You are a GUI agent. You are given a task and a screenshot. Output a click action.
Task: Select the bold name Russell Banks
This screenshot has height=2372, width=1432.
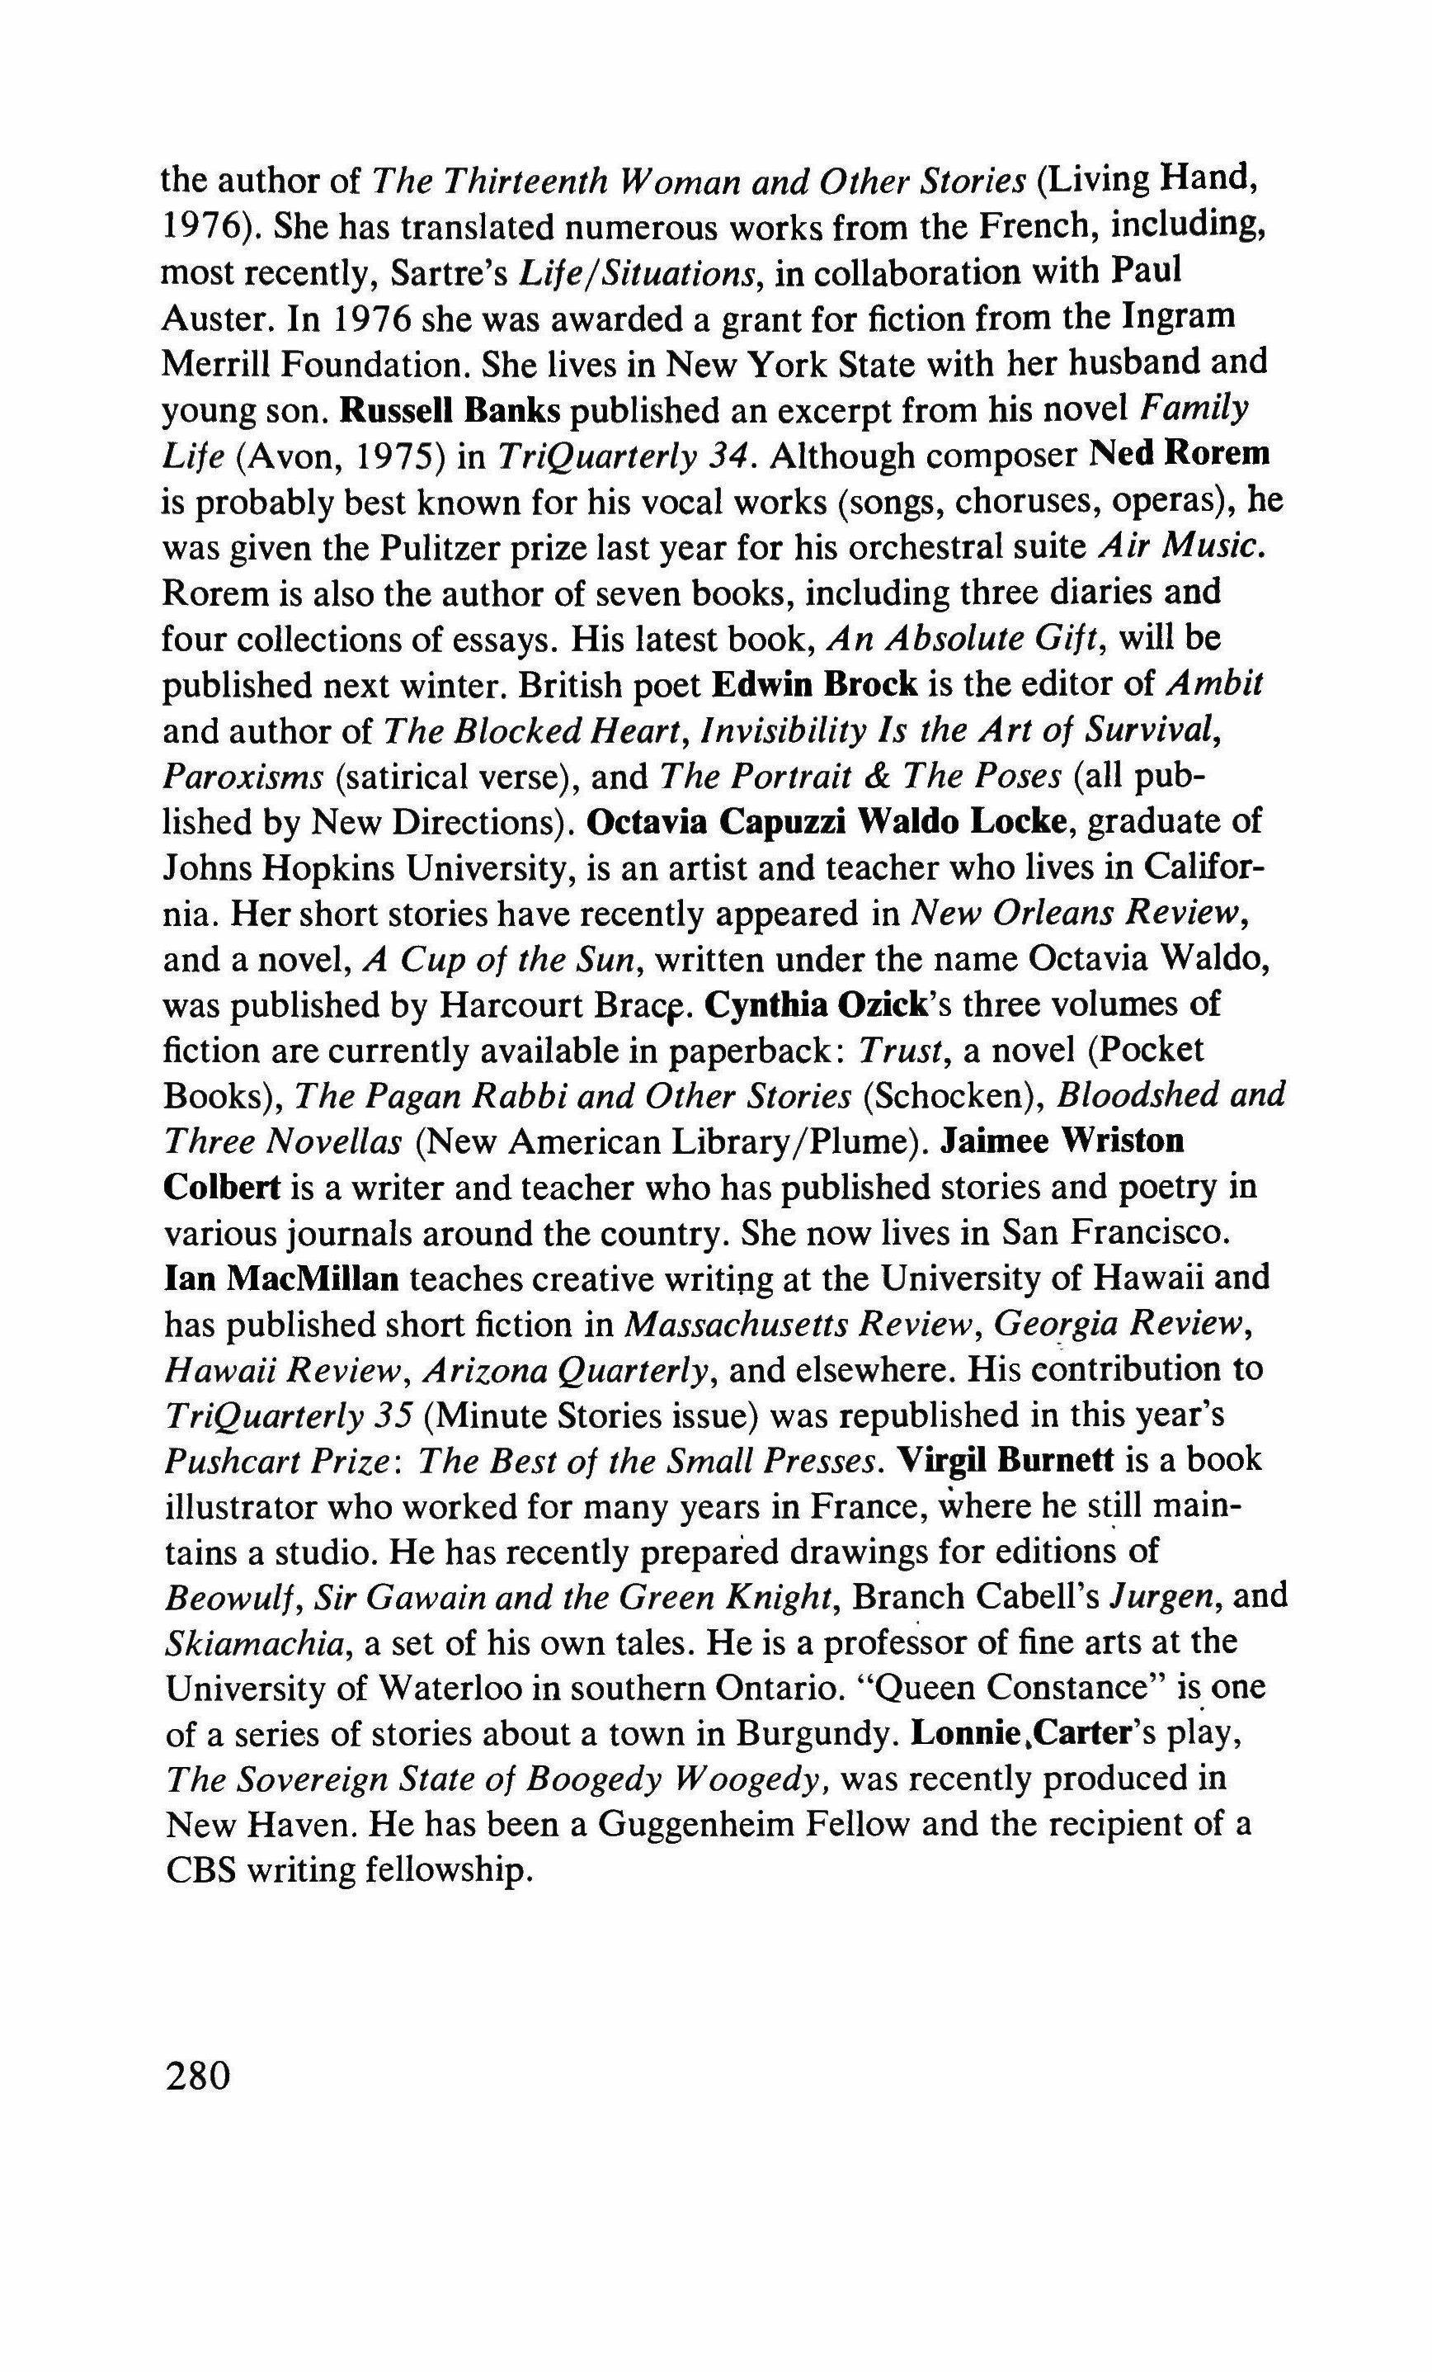click(450, 410)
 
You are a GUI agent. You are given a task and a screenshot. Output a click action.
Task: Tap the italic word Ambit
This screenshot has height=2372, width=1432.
click(1214, 684)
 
